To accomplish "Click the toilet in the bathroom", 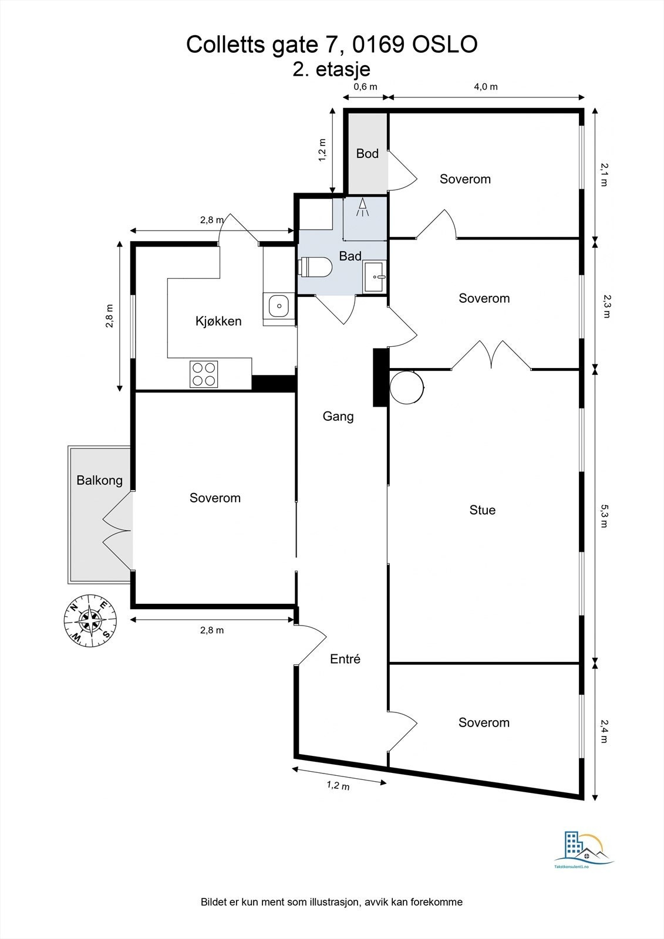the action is [315, 266].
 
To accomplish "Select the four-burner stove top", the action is [204, 374].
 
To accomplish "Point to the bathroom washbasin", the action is [374, 276].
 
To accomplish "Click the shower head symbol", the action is [362, 208].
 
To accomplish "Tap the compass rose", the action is [90, 620].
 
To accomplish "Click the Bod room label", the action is [367, 153].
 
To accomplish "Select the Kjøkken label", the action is [218, 321].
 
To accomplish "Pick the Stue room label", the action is [483, 510].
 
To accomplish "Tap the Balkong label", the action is [99, 481].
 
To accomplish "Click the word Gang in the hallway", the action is [338, 416].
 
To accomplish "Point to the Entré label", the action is [345, 659].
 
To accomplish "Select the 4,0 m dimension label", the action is [486, 87].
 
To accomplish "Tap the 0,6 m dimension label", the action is [365, 87].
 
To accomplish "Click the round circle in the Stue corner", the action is [407, 387].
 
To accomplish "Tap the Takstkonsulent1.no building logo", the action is [584, 849].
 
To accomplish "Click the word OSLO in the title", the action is [445, 45].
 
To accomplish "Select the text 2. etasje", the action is [331, 70].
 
